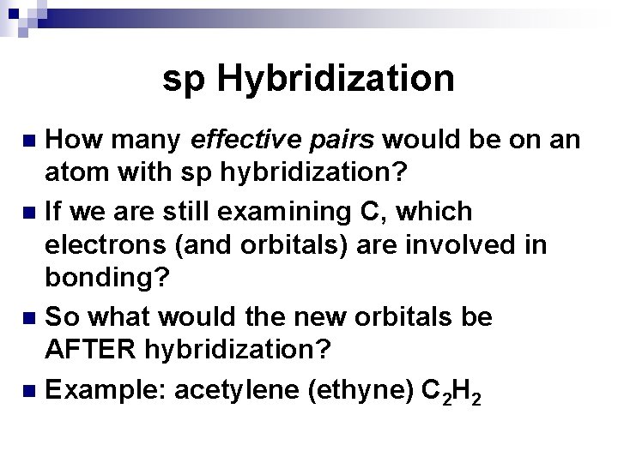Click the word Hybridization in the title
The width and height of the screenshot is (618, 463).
click(x=336, y=80)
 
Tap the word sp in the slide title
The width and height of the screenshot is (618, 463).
click(x=184, y=80)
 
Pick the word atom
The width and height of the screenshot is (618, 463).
click(x=76, y=174)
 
